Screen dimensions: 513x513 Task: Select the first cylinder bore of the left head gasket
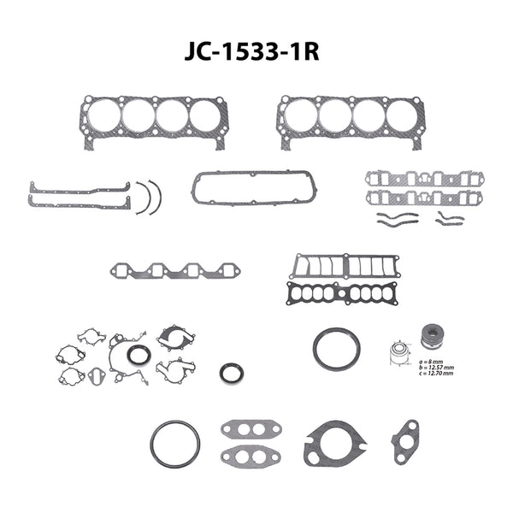[104, 116]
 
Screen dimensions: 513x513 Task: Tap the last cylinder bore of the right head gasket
[402, 116]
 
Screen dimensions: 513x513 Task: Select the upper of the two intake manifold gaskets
[416, 179]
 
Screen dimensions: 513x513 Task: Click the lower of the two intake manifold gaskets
[416, 198]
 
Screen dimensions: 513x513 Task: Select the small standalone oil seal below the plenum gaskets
[231, 373]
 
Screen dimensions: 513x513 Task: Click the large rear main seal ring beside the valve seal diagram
[330, 350]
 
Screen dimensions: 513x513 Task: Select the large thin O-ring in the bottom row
[174, 444]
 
